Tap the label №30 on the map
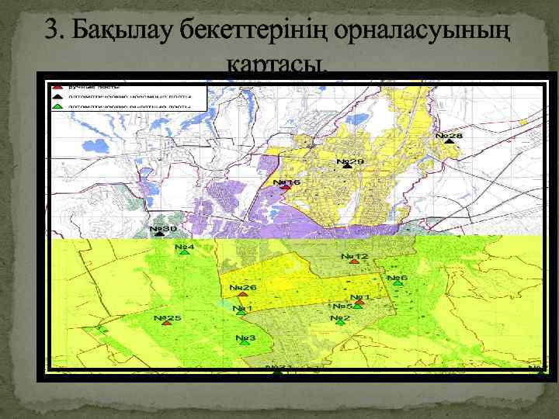pyautogui.click(x=163, y=229)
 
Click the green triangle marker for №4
pyautogui.click(x=185, y=253)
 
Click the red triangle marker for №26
pyautogui.click(x=243, y=294)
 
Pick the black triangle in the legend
pyautogui.click(x=58, y=95)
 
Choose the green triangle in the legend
pyautogui.click(x=58, y=106)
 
